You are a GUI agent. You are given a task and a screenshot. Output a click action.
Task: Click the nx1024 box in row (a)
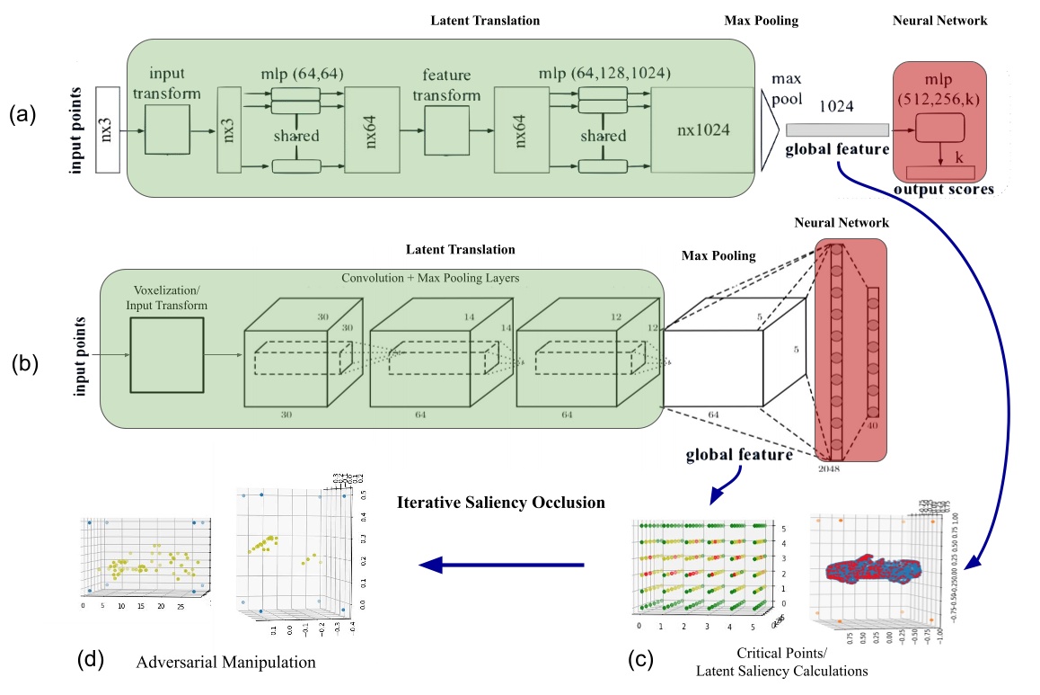pyautogui.click(x=702, y=129)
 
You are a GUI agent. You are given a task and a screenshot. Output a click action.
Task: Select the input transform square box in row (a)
pyautogui.click(x=168, y=129)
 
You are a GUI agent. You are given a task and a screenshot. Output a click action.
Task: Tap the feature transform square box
pyautogui.click(x=445, y=129)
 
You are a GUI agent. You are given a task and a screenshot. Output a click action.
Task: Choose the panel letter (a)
pyautogui.click(x=23, y=114)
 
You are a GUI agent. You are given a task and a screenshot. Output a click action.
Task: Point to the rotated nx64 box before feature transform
pyautogui.click(x=368, y=129)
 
